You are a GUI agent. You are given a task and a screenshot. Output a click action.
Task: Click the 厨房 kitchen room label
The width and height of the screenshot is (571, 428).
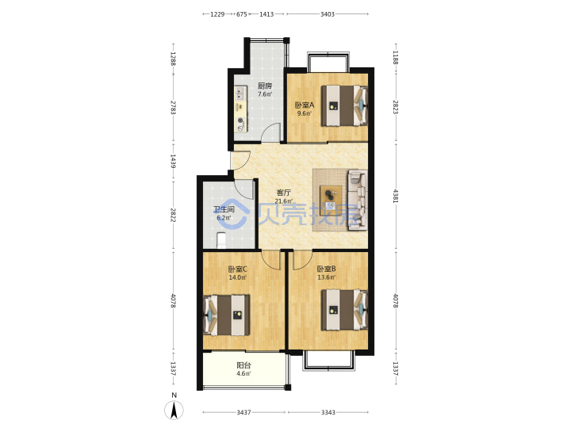click(265, 86)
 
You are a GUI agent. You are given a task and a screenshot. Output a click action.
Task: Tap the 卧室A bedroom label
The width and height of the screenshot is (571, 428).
click(304, 105)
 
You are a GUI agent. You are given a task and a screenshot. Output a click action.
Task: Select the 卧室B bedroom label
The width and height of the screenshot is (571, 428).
click(326, 269)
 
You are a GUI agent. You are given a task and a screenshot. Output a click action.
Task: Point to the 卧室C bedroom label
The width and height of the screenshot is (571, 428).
click(237, 269)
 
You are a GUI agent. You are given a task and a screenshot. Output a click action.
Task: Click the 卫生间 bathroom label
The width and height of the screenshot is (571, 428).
click(224, 209)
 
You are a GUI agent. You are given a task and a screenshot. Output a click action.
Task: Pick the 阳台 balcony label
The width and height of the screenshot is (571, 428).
click(243, 365)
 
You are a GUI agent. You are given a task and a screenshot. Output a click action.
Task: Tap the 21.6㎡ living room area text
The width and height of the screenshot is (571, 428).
click(284, 201)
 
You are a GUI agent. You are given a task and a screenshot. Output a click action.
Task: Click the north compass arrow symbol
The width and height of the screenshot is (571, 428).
click(174, 411)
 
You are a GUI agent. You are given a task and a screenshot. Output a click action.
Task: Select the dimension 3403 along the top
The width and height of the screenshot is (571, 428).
click(328, 14)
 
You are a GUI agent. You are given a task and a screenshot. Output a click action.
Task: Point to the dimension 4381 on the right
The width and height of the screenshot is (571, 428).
click(396, 196)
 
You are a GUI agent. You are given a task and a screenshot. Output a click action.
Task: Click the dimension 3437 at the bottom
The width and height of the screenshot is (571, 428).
click(243, 412)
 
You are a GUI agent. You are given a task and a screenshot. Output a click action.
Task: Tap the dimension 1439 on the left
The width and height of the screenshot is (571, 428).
click(173, 161)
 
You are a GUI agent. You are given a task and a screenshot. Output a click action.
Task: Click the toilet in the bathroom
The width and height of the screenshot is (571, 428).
click(221, 240)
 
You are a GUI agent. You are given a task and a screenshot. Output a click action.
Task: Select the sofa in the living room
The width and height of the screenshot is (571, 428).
click(358, 200)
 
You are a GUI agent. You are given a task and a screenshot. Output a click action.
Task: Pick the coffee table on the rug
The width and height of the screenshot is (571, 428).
click(331, 197)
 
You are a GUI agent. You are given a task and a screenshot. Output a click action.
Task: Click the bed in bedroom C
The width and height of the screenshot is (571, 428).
click(227, 315)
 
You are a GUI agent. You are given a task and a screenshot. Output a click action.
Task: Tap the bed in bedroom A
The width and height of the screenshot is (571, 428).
click(344, 105)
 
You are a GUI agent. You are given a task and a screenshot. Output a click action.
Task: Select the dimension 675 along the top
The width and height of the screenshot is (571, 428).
click(242, 14)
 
